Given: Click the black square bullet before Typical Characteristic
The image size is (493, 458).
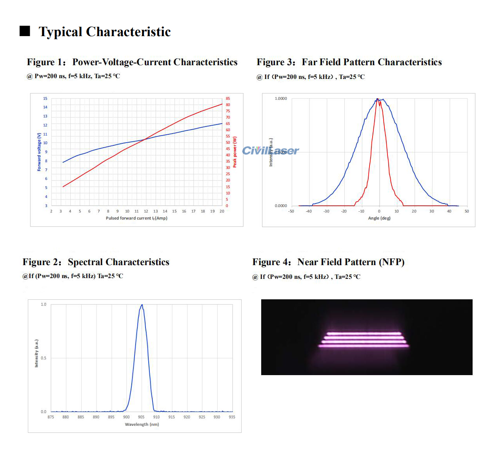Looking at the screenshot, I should (x=25, y=31).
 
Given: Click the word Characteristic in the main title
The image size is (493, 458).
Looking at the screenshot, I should (x=128, y=32).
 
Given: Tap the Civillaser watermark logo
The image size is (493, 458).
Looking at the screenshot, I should (x=270, y=150).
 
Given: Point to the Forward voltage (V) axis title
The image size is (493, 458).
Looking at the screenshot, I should (x=39, y=152).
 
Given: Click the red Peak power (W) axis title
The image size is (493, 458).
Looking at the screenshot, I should (x=235, y=152).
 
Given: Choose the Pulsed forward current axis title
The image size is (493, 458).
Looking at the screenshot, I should (x=136, y=218).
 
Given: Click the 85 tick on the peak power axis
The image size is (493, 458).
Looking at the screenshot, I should (x=228, y=99).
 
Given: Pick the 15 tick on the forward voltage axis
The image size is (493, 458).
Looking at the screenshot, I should (x=45, y=99).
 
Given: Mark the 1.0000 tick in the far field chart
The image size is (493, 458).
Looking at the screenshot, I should (x=281, y=99).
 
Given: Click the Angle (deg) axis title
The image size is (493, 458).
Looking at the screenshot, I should (x=379, y=218).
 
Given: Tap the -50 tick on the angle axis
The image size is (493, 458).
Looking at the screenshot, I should (x=291, y=211).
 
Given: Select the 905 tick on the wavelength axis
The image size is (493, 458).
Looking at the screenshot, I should (x=141, y=417).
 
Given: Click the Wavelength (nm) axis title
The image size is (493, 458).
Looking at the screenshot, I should (x=142, y=424).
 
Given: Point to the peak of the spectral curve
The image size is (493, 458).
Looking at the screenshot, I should (x=142, y=305).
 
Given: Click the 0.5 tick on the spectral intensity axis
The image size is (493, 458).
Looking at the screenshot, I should (x=44, y=358).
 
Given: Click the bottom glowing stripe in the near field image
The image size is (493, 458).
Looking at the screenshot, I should (x=364, y=346).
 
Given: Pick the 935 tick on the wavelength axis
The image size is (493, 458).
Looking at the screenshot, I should (x=232, y=417).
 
